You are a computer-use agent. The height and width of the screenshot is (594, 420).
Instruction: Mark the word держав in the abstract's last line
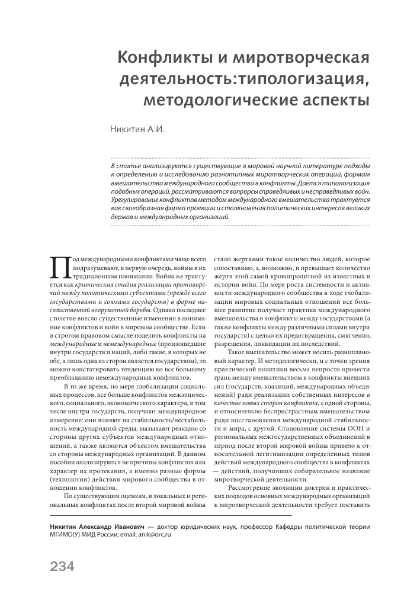[x=123, y=217]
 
